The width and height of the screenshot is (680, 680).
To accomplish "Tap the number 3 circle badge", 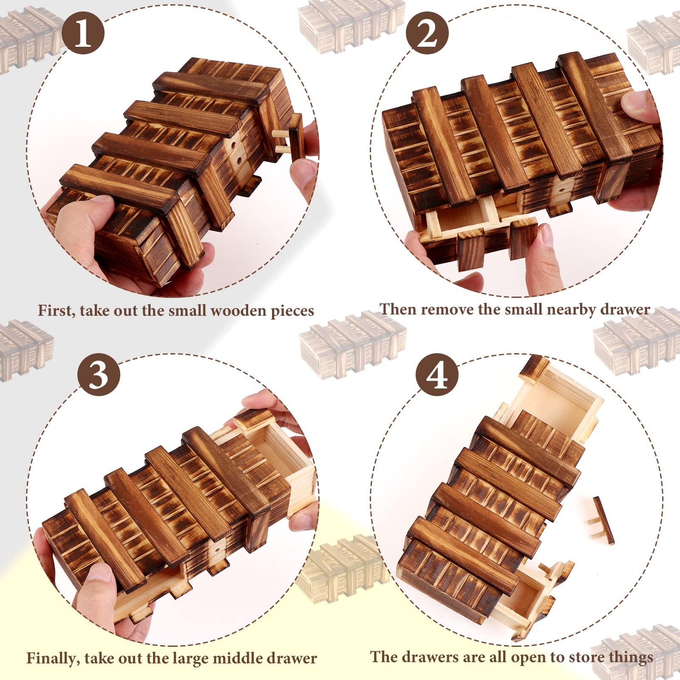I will (x=99, y=376).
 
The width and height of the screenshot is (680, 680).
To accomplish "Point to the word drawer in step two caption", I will (x=624, y=309).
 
